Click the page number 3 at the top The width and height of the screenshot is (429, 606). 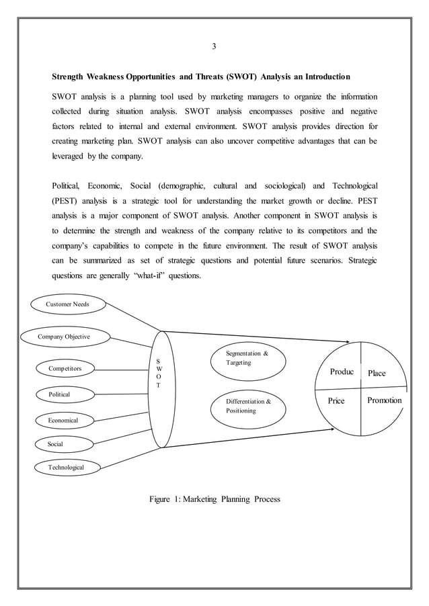[x=214, y=46]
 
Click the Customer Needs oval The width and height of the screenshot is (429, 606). [x=67, y=304]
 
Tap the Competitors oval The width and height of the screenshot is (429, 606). [x=66, y=368]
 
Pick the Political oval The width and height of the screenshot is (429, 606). [x=59, y=394]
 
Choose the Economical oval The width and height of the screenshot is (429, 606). [x=63, y=420]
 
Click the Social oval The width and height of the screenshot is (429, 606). [x=55, y=444]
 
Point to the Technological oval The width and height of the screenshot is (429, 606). [x=66, y=466]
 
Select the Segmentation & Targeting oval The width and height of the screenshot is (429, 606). [x=248, y=357]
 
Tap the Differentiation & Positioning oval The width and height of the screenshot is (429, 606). [x=248, y=406]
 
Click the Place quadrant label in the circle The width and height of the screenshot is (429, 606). [x=377, y=373]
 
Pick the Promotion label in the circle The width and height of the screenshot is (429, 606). [x=385, y=400]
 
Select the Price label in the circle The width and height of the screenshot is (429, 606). [x=336, y=401]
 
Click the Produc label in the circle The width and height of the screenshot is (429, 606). [x=342, y=372]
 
